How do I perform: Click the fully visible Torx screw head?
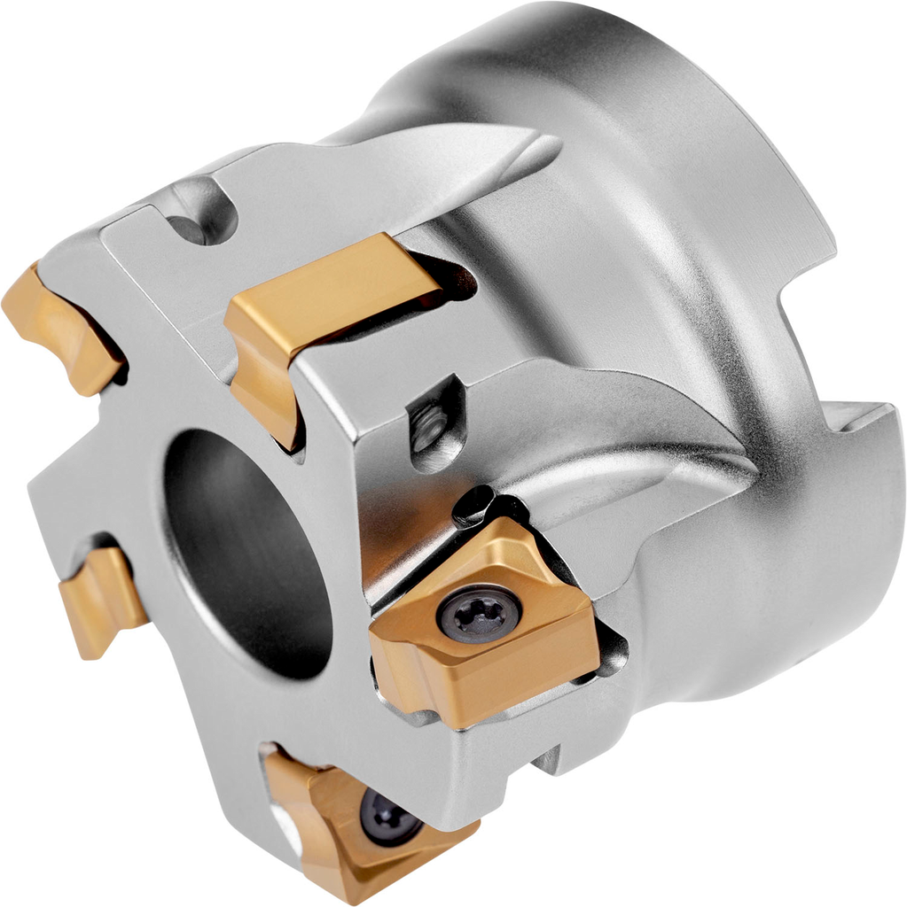tap(479, 614)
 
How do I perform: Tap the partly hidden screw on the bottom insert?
tap(388, 817)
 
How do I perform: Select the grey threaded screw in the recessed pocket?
tap(432, 426)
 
